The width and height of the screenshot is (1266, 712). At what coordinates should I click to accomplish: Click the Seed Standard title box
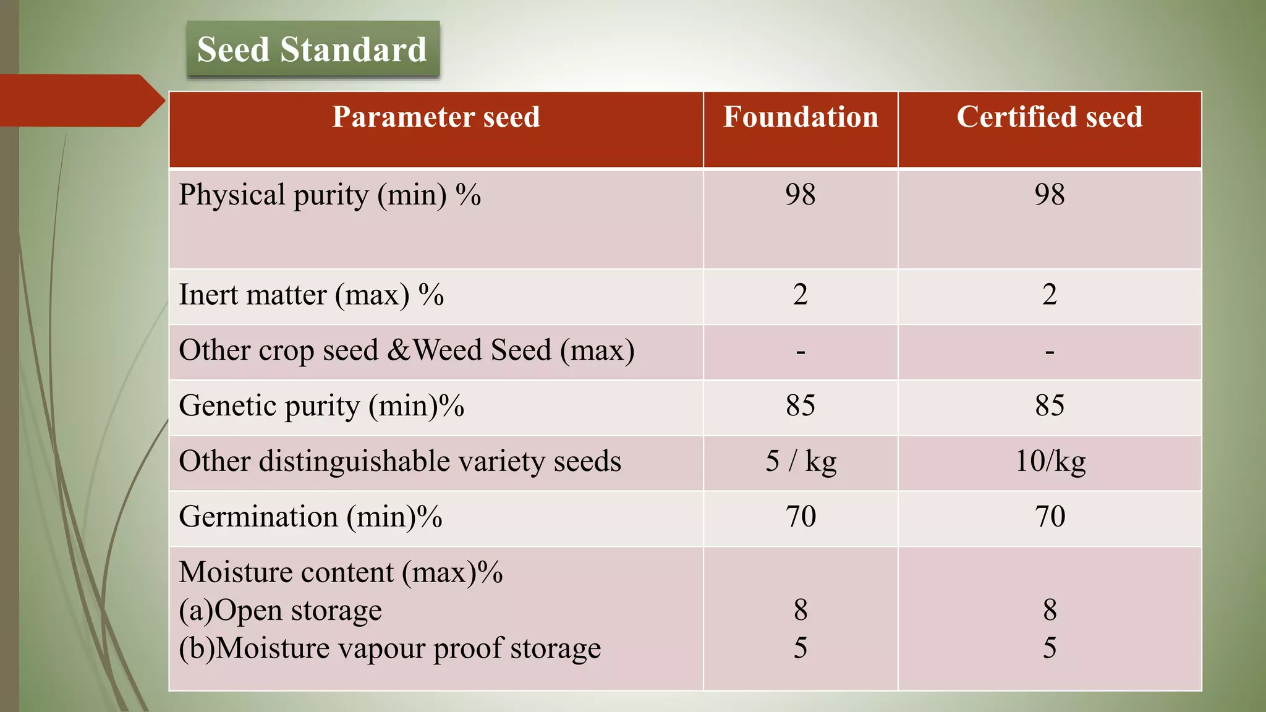[312, 49]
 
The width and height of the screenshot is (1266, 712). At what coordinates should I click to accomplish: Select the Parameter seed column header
[436, 117]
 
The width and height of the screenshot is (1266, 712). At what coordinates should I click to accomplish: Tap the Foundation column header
[801, 117]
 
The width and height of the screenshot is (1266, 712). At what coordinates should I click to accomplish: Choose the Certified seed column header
[1049, 117]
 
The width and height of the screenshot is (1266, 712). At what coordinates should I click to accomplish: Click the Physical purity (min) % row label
[329, 195]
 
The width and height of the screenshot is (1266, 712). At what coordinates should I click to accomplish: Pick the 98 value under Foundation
[801, 195]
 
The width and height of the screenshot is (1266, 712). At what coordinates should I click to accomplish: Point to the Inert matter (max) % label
[311, 295]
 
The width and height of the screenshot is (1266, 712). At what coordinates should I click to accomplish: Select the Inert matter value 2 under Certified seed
[1049, 295]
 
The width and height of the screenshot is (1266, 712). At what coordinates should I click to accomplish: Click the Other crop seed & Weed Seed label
[406, 350]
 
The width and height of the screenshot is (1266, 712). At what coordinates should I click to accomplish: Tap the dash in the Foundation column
[801, 352]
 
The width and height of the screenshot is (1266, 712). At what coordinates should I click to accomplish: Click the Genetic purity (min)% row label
[321, 406]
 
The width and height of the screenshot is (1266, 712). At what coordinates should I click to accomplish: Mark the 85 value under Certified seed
[1049, 406]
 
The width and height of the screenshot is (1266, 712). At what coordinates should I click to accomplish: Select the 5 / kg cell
[801, 462]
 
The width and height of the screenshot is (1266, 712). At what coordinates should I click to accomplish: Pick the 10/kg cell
[1050, 462]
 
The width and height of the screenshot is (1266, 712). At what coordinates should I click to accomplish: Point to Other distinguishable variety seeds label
[399, 462]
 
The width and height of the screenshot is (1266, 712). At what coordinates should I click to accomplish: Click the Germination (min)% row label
[310, 517]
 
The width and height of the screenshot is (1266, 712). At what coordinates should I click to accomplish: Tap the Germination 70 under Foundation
[801, 517]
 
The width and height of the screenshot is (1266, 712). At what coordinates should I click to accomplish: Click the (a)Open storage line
[280, 611]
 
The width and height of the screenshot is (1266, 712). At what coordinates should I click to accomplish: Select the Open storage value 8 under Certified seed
[1049, 611]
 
